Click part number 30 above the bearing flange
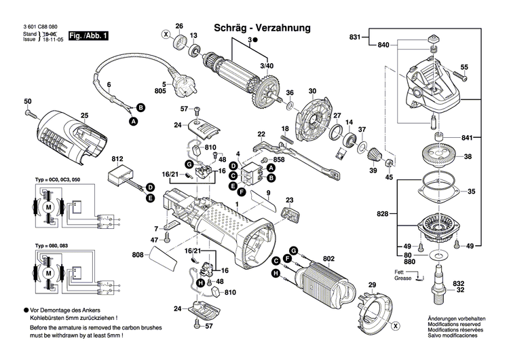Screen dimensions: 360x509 pyautogui.click(x=312, y=92)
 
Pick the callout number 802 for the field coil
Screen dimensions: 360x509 pyautogui.click(x=329, y=258)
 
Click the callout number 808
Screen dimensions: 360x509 pyautogui.click(x=137, y=255)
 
